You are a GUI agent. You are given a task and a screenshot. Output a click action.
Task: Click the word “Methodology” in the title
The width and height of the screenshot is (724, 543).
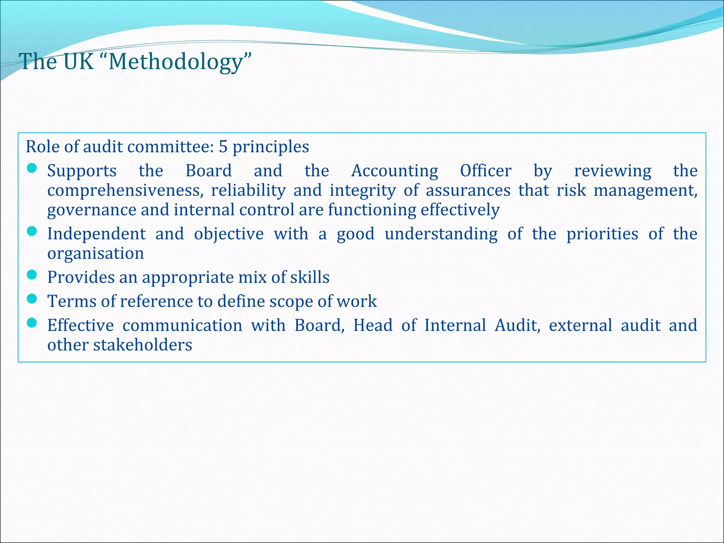180,62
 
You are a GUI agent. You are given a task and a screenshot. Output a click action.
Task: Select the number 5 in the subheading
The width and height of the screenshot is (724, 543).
223,147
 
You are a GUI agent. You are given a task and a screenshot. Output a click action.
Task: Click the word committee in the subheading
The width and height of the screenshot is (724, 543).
170,147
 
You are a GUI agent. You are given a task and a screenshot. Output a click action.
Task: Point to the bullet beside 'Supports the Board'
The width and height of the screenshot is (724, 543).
32,169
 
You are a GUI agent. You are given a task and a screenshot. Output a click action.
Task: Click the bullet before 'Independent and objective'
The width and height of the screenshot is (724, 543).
32,232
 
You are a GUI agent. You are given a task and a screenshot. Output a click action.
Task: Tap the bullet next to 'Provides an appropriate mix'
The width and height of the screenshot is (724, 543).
32,275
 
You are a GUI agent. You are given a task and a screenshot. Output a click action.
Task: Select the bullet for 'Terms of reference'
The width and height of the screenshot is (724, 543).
32,299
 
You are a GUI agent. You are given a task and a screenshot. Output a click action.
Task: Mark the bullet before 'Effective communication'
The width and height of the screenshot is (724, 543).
32,323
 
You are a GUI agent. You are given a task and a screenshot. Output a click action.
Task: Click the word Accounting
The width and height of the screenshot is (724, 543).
395,171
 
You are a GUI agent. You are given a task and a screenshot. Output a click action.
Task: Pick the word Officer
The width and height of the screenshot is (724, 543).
486,171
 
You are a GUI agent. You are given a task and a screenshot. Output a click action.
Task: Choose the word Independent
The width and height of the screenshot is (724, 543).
97,234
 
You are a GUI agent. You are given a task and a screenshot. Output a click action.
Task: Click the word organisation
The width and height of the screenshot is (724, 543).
96,254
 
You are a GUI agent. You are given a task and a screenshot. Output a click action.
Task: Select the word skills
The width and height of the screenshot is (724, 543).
310,278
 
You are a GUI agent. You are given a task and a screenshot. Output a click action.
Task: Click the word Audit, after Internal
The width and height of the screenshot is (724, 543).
517,326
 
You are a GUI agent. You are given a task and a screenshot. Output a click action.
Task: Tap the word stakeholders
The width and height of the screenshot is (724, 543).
142,345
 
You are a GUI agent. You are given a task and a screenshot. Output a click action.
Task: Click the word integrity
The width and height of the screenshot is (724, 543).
363,191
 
